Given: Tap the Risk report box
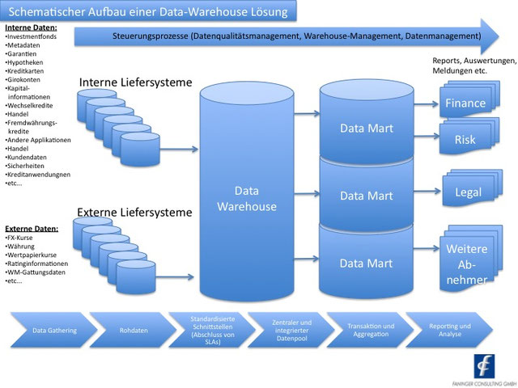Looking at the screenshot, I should [x=465, y=140].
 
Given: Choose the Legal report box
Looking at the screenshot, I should [x=468, y=192].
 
